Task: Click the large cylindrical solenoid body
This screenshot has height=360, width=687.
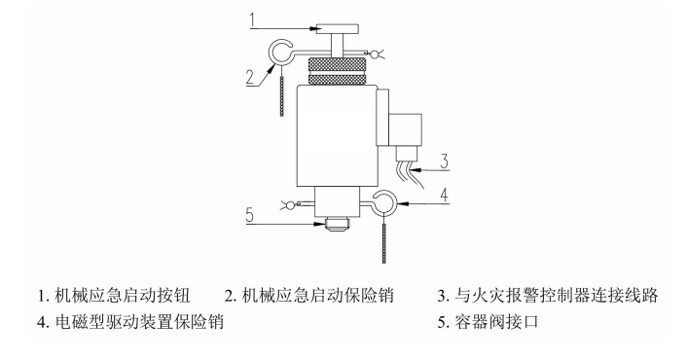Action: click(336, 136)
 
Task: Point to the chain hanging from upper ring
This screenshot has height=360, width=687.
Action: click(282, 92)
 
